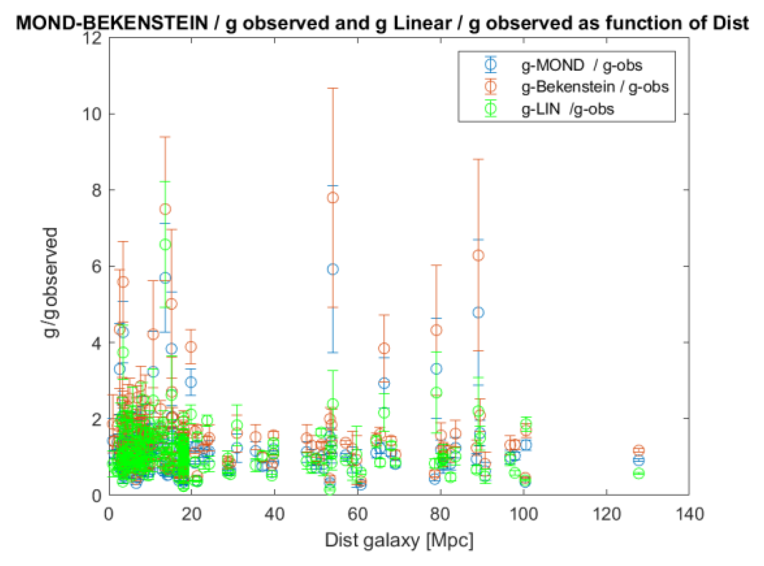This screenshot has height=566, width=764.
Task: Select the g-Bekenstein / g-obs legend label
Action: [x=595, y=87]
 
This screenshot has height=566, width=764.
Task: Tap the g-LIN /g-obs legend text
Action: [x=567, y=109]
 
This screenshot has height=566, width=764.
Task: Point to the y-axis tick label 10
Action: [x=92, y=114]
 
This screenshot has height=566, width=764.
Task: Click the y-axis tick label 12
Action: [x=92, y=38]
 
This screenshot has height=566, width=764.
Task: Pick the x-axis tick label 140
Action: [x=689, y=514]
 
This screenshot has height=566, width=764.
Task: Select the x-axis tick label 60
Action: [x=357, y=514]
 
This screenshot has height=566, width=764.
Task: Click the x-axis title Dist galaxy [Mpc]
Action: [x=399, y=540]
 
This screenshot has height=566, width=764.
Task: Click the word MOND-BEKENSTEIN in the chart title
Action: [x=112, y=23]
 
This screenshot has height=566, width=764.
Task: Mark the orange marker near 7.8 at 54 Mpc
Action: [x=333, y=198]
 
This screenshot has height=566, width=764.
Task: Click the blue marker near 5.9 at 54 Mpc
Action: [x=333, y=269]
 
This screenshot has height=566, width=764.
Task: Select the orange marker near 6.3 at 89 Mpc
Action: [x=478, y=256]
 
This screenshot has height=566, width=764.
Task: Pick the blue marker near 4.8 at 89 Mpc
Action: [x=478, y=313]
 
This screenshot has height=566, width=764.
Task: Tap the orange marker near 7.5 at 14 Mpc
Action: [x=165, y=209]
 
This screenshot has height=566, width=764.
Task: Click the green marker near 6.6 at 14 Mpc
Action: [x=165, y=245]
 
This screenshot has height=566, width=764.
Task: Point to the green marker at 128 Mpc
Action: [x=638, y=473]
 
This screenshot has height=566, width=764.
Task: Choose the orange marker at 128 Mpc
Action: [x=638, y=450]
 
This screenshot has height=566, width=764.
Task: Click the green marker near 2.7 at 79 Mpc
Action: [x=437, y=393]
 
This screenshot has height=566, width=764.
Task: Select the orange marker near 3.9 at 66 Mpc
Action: [x=384, y=348]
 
